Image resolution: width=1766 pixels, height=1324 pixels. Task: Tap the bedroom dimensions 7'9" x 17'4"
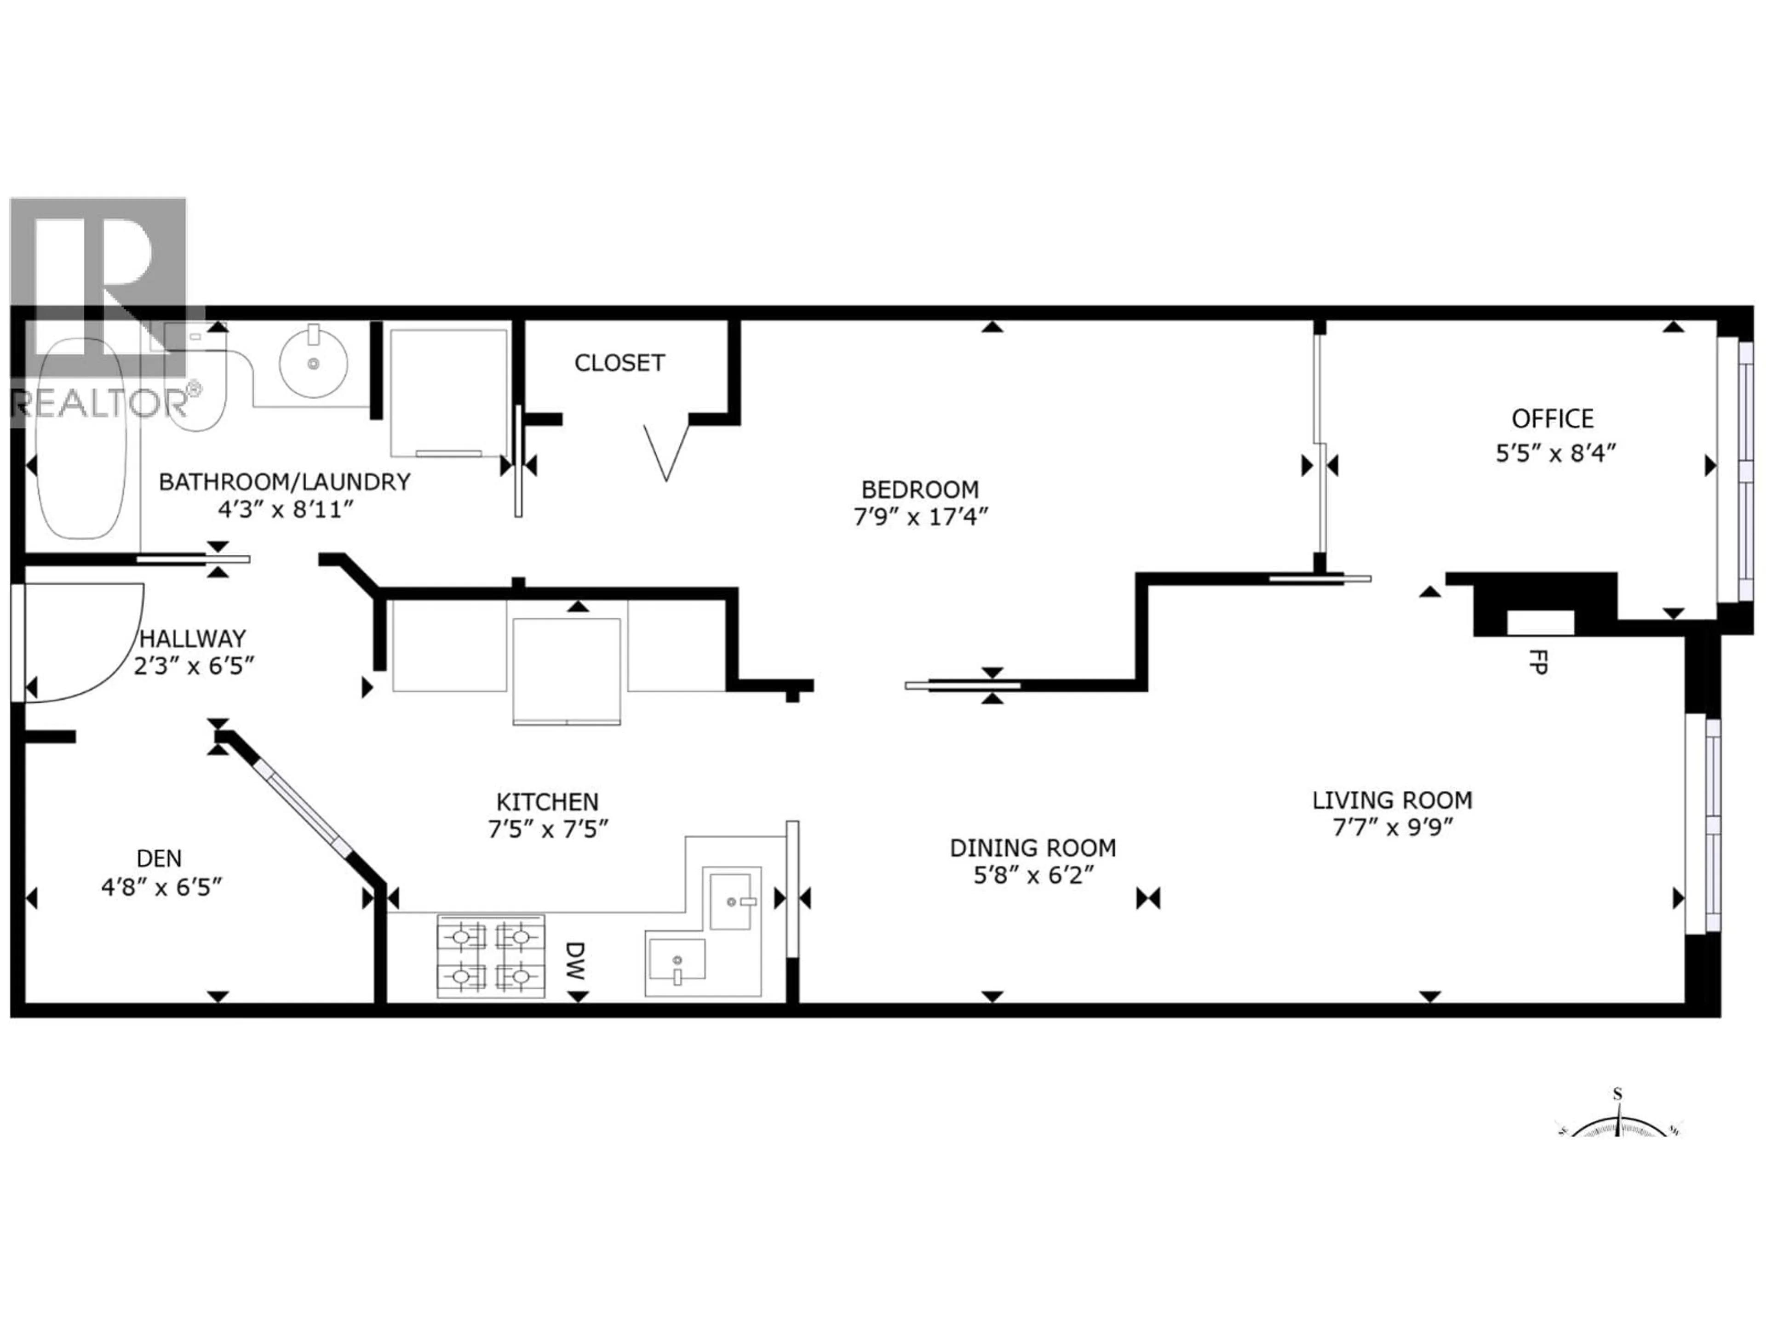(x=921, y=517)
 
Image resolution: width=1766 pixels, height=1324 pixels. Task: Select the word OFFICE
(x=1552, y=419)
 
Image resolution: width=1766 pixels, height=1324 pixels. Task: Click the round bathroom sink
(x=313, y=363)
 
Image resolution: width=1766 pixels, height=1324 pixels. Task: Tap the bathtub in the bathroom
(x=80, y=447)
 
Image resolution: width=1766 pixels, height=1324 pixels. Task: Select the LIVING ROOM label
(x=1392, y=800)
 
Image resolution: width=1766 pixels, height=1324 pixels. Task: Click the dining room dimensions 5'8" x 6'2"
(x=1032, y=875)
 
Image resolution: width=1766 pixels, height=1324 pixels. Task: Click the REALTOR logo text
(x=100, y=403)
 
